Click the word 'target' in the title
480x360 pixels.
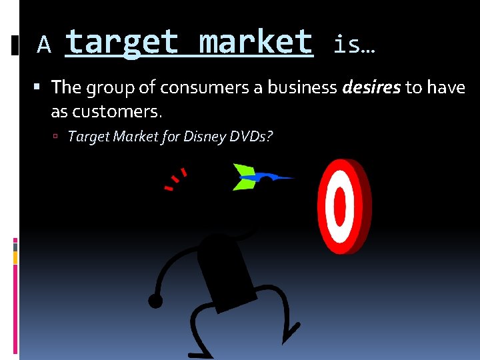tap(122, 42)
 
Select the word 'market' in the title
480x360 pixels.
tap(256, 42)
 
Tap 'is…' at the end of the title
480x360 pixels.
tap(353, 45)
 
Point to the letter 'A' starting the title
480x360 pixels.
tap(44, 45)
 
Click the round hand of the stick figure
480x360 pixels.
tap(155, 301)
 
